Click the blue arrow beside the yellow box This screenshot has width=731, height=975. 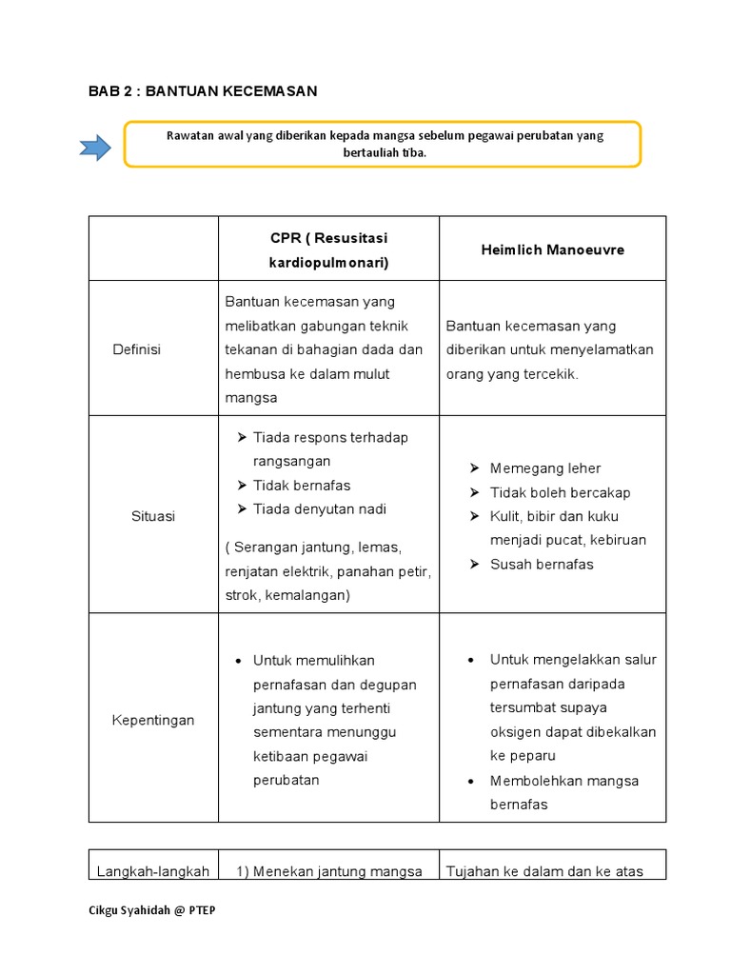(x=94, y=148)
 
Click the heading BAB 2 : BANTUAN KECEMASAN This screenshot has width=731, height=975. (x=203, y=91)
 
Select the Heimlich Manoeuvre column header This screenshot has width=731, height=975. (x=552, y=249)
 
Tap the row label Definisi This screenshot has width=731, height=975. (x=137, y=349)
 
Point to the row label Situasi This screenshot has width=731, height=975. (x=153, y=516)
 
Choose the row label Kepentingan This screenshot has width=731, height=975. (x=152, y=720)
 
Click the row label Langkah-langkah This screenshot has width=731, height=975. (x=152, y=871)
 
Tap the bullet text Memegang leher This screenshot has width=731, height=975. (x=545, y=468)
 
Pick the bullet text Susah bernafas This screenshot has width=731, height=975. (x=542, y=564)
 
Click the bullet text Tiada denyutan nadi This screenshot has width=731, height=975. (x=320, y=509)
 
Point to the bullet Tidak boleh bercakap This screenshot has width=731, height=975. (x=560, y=492)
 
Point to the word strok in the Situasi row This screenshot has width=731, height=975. (x=241, y=595)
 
